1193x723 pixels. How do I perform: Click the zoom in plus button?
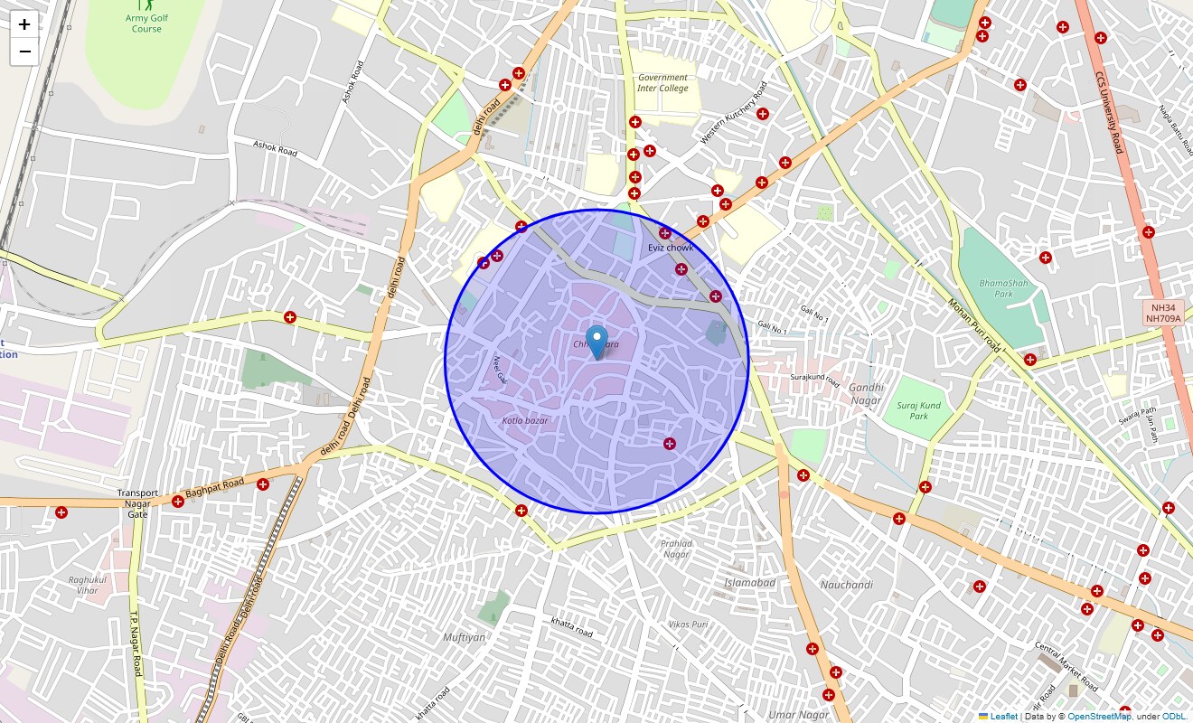[x=24, y=24]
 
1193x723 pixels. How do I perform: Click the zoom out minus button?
[x=24, y=52]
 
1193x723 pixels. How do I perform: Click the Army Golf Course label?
[x=146, y=23]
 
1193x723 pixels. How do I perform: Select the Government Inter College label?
[x=662, y=83]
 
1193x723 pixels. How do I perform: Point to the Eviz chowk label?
[x=671, y=248]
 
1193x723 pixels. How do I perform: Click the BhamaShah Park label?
[x=1003, y=288]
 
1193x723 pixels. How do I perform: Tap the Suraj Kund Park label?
[x=918, y=410]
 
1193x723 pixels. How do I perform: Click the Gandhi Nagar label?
[x=865, y=393]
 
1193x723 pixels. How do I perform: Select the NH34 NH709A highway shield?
[x=1164, y=313]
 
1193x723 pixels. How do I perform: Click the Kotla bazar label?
[x=525, y=421]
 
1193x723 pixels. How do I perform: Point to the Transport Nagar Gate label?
[x=137, y=503]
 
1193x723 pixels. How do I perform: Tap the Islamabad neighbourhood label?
[x=749, y=583]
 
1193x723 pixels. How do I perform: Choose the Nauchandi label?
[x=846, y=585]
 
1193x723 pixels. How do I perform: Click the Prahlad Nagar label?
[x=676, y=549]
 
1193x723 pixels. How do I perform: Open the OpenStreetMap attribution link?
[x=1099, y=717]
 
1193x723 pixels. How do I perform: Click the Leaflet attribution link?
[x=1003, y=717]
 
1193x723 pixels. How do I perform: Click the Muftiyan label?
[x=465, y=637]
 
